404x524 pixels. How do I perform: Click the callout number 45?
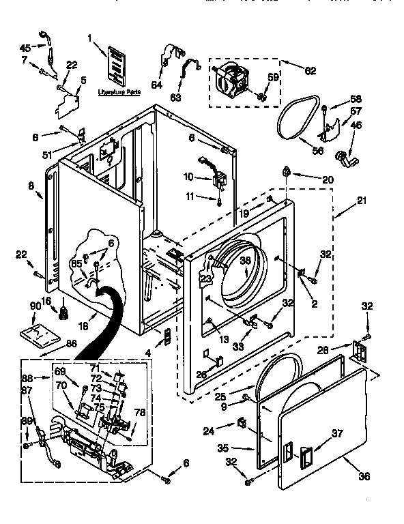pyautogui.click(x=25, y=48)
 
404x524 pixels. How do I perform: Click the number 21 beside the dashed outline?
pyautogui.click(x=361, y=201)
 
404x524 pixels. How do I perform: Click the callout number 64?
pyautogui.click(x=157, y=85)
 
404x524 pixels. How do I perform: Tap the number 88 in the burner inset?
pyautogui.click(x=27, y=378)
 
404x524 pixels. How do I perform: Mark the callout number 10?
pyautogui.click(x=188, y=177)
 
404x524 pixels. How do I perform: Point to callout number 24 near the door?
pyautogui.click(x=208, y=430)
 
